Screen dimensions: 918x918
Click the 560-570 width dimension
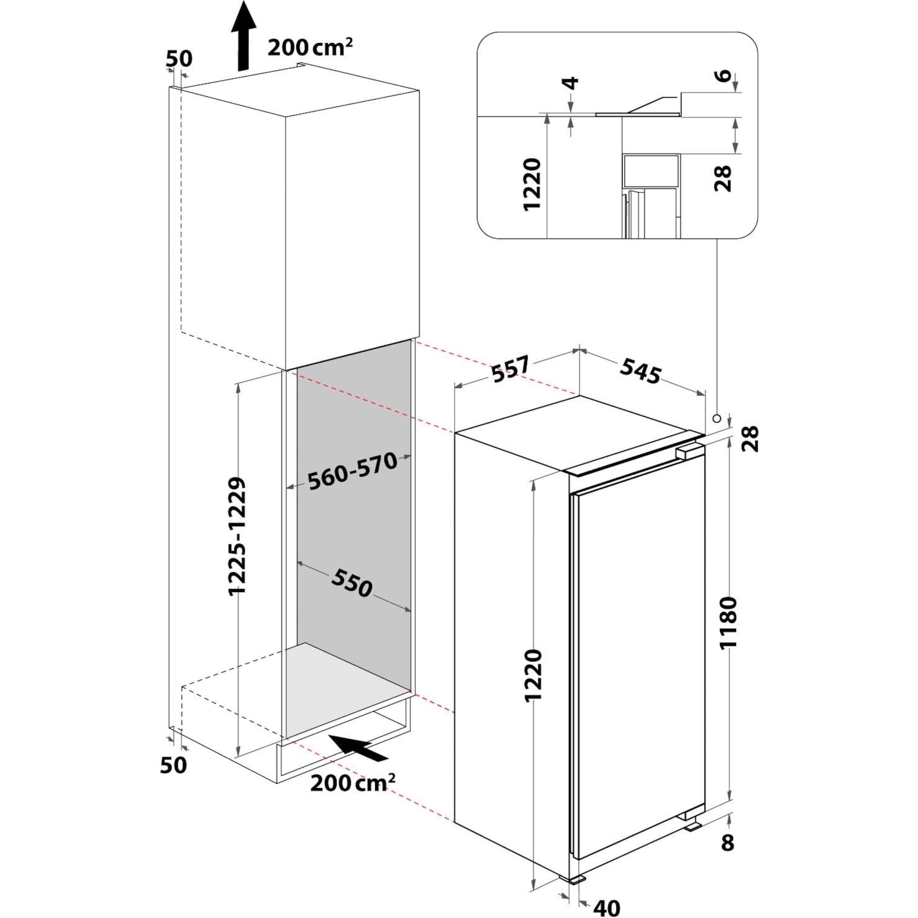click(352, 472)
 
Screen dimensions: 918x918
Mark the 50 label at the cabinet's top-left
click(179, 58)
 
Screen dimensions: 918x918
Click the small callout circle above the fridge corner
click(716, 418)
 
